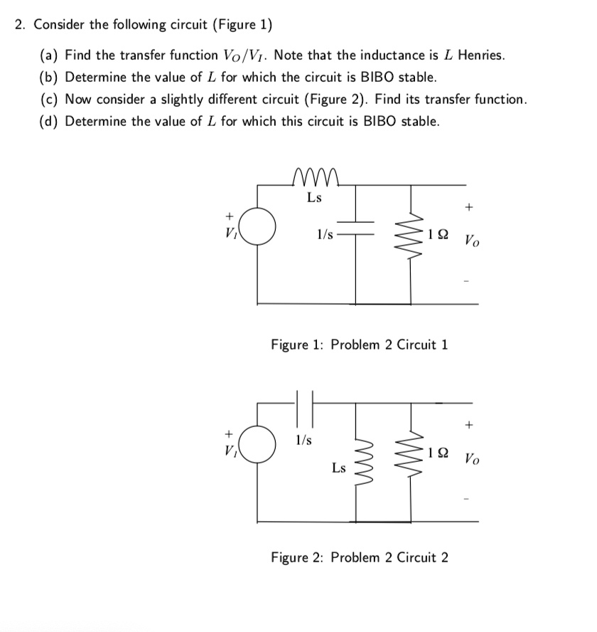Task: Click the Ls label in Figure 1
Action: click(x=313, y=198)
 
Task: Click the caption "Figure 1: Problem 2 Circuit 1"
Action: click(x=360, y=345)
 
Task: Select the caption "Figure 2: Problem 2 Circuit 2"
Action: click(x=360, y=557)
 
